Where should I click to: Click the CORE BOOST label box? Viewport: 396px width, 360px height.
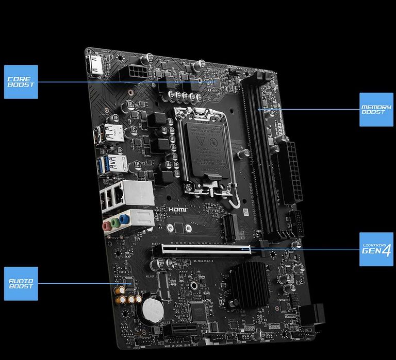(x=21, y=82)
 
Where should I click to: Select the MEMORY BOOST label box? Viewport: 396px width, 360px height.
(x=376, y=110)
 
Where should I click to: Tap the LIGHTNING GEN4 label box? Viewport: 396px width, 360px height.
(x=376, y=249)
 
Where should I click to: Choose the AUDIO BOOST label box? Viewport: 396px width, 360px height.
(x=21, y=284)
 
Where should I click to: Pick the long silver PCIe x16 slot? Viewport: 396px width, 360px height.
(x=206, y=249)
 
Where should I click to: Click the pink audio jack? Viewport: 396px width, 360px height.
(x=106, y=226)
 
